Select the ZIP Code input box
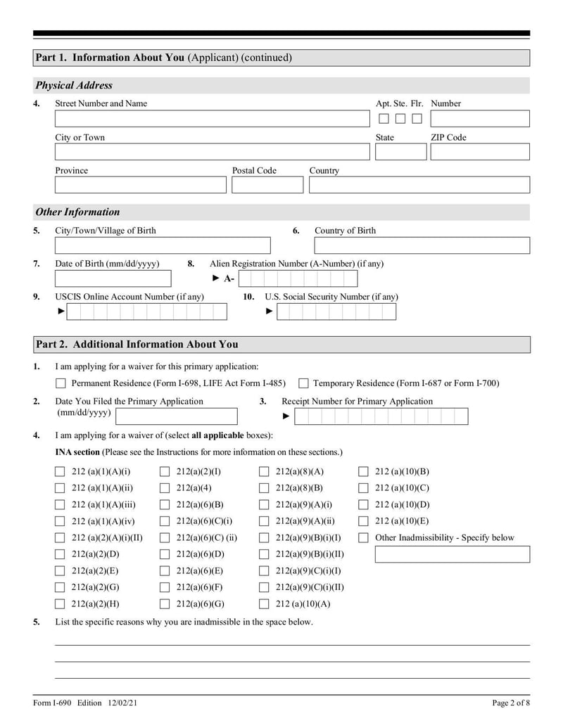(479, 152)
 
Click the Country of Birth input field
(422, 245)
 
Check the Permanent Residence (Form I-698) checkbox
(61, 384)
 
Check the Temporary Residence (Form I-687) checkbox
(303, 384)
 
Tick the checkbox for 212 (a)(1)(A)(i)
(61, 472)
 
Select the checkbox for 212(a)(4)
(165, 488)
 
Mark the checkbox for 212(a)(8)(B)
(264, 488)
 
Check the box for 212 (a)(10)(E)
(364, 522)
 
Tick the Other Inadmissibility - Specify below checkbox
(364, 538)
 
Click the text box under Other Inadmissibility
(452, 555)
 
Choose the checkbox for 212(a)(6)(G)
(165, 604)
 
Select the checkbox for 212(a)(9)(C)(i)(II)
(264, 587)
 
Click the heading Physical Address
(74, 86)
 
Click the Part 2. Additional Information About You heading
(137, 345)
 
